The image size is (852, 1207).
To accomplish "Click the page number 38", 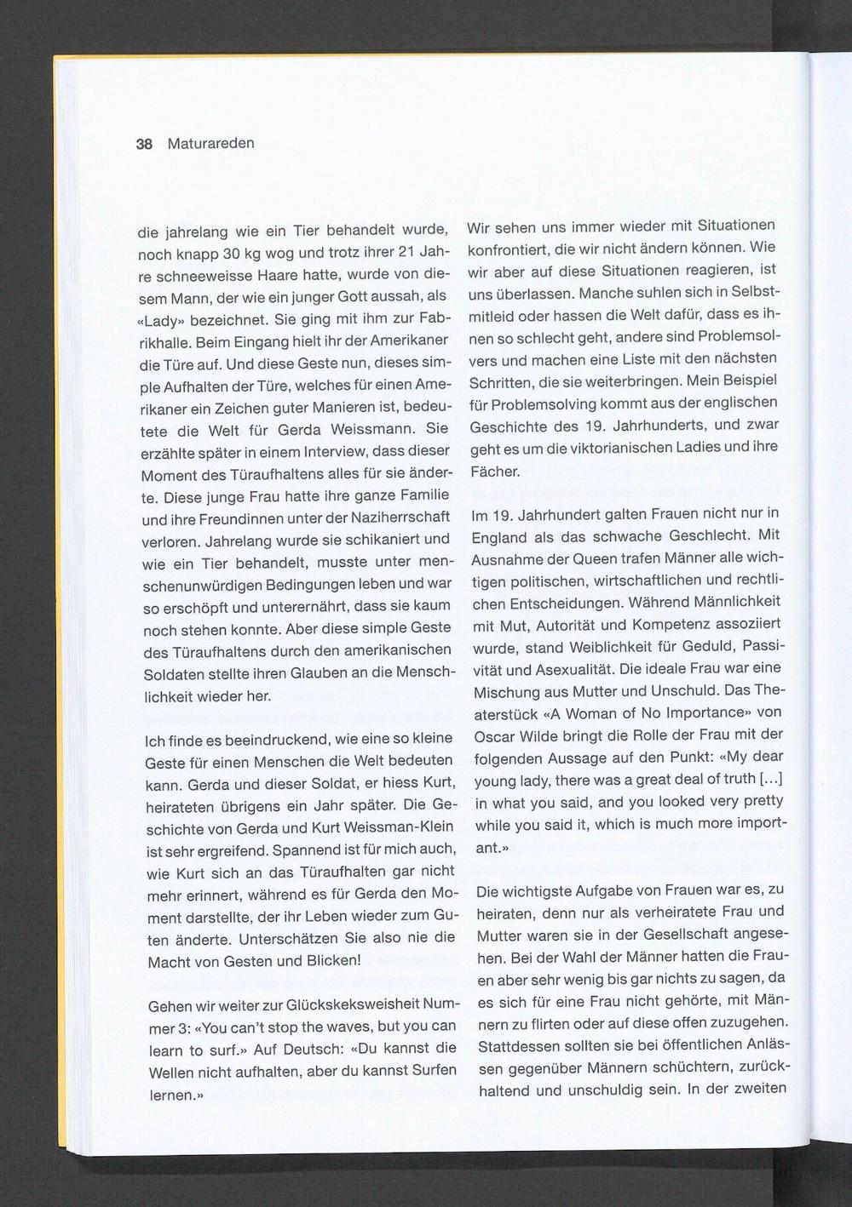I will pyautogui.click(x=144, y=144).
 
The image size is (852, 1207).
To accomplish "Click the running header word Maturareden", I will pyautogui.click(x=210, y=143).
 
